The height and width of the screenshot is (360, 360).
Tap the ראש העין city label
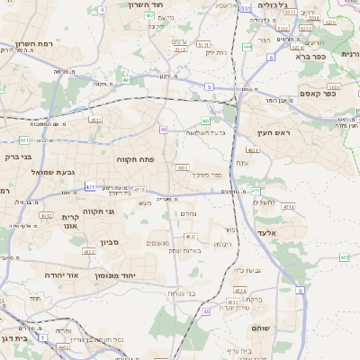point(274,132)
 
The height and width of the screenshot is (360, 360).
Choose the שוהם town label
point(262,328)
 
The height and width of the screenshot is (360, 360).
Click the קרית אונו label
point(71,222)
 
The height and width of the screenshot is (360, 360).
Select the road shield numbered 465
point(345,257)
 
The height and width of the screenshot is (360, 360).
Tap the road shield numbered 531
point(246,8)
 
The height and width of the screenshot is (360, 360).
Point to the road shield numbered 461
point(24,140)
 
